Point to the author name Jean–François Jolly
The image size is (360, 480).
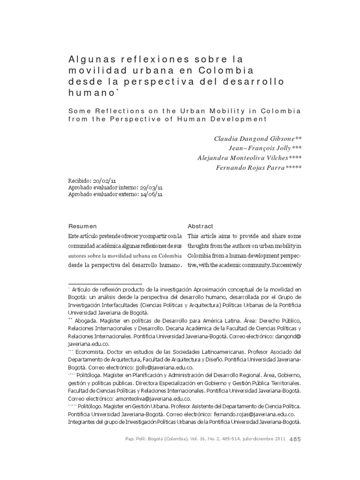265,148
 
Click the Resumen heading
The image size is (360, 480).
82,226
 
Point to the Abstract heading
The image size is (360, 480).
200,226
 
